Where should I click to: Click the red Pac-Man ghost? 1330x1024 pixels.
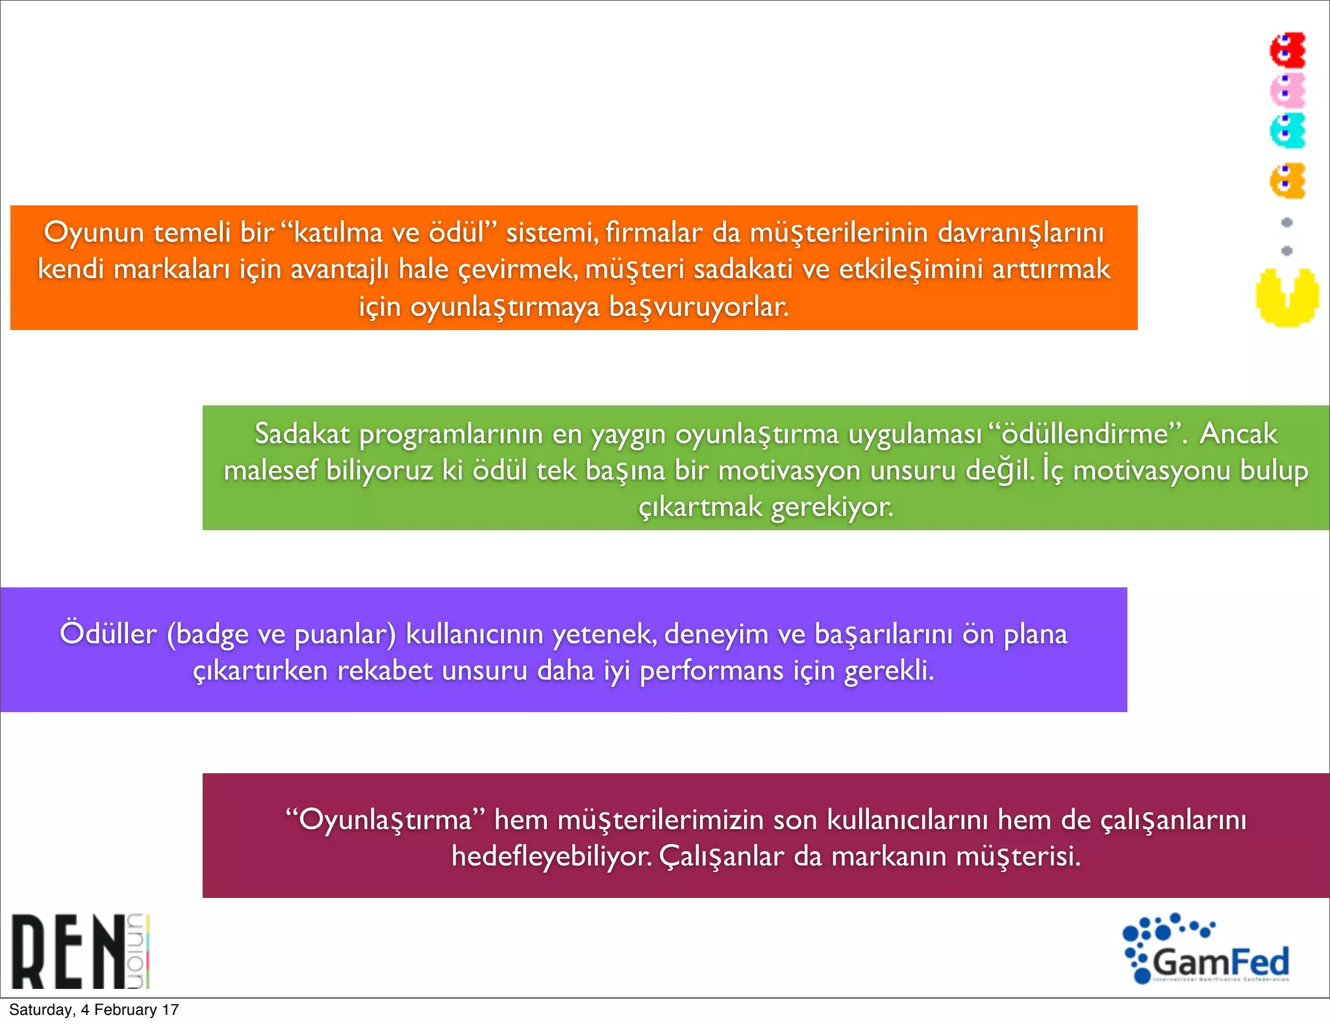point(1288,50)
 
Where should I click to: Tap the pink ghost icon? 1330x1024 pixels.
point(1288,90)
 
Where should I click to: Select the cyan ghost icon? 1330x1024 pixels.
point(1288,131)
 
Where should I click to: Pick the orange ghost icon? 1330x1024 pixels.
point(1288,181)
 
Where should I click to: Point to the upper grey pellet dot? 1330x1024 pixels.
point(1286,222)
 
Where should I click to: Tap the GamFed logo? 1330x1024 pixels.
point(1207,949)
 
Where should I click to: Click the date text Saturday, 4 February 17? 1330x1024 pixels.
point(94,1010)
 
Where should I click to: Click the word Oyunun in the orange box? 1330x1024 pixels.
point(94,233)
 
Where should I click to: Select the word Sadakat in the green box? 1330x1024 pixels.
point(302,433)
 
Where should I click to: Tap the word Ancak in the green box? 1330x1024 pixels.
point(1238,433)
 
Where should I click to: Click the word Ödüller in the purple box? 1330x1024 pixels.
point(108,634)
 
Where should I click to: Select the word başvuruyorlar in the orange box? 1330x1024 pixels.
point(698,307)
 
